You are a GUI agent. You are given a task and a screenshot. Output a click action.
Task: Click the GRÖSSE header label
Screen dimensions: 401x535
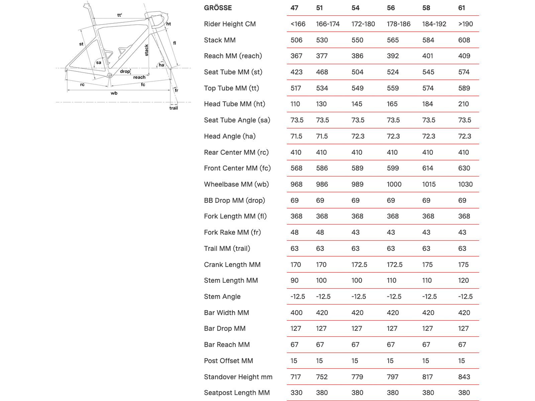tap(218, 8)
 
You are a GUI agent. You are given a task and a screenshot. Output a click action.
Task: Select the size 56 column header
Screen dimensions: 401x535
tap(391, 8)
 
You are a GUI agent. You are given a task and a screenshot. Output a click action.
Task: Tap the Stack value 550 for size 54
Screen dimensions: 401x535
tap(357, 40)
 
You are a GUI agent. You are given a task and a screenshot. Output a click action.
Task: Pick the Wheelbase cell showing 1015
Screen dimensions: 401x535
tap(429, 184)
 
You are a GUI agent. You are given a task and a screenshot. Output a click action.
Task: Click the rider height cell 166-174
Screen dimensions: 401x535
tap(328, 24)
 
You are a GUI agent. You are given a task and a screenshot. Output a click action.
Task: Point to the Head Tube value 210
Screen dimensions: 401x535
tap(463, 104)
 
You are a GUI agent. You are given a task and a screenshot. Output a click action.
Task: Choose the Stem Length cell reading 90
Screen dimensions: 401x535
tap(294, 280)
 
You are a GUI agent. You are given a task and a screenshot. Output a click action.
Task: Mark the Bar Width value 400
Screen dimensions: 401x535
tap(296, 312)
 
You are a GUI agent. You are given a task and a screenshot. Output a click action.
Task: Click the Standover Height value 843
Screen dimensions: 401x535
tap(464, 377)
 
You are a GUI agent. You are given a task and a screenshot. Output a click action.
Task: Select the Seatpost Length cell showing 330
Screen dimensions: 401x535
tap(296, 393)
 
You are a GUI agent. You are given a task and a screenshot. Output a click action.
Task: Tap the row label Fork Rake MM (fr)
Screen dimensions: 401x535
tap(232, 232)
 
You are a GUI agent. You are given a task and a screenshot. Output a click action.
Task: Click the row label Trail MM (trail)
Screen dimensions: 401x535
tap(227, 248)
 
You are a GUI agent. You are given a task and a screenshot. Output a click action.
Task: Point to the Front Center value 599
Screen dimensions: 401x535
tap(393, 168)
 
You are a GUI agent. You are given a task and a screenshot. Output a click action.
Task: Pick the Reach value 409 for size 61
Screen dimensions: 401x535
tap(464, 56)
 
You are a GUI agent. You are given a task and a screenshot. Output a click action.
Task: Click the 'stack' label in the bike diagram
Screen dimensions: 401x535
tap(146, 50)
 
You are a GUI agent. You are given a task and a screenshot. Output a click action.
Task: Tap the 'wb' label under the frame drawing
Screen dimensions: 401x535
tap(114, 93)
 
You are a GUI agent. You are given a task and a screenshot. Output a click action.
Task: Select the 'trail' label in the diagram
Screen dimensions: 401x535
tap(174, 108)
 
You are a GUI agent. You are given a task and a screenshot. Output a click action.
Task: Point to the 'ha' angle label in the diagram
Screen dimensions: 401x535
tap(162, 65)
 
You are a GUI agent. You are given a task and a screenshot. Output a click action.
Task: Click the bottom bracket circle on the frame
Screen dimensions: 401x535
tap(109, 76)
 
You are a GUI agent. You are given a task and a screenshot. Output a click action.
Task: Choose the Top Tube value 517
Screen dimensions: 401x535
tap(296, 88)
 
